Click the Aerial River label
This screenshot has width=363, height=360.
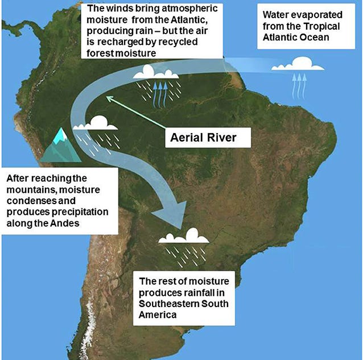click(x=203, y=138)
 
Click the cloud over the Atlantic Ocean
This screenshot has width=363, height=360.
click(x=297, y=64)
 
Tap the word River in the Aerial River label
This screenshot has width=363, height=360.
click(x=219, y=138)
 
